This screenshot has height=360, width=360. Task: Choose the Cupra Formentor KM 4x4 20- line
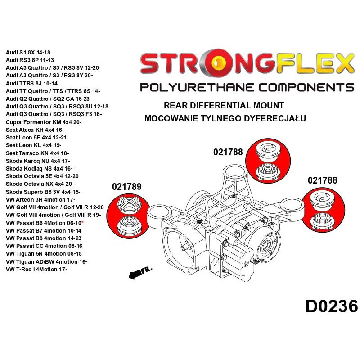click(44, 122)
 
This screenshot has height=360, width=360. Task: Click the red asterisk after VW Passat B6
click(95, 223)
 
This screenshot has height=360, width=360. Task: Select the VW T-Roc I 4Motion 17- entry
click(37, 270)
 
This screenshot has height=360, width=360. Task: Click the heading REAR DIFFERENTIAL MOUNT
click(224, 106)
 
